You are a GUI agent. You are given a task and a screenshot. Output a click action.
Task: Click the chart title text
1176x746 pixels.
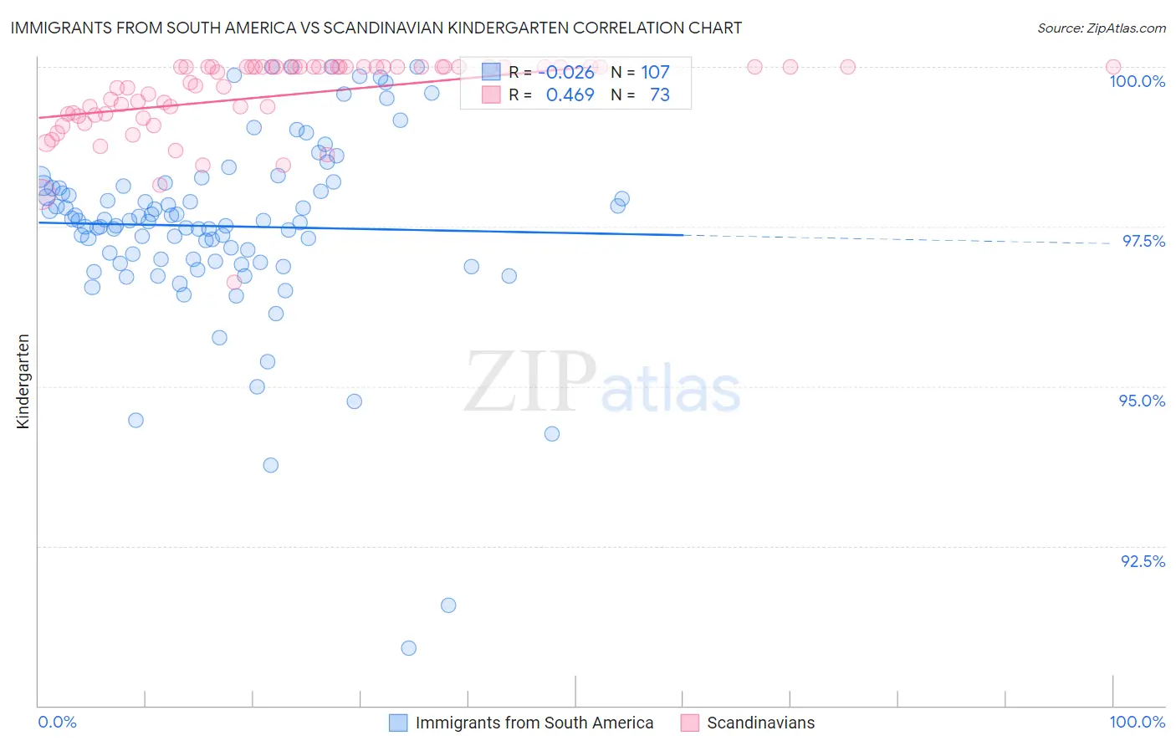point(376,28)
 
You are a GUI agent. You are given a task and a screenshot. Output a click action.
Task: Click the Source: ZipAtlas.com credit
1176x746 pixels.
point(1101,28)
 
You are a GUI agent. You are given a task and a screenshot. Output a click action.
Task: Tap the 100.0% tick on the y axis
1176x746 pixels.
point(1137,81)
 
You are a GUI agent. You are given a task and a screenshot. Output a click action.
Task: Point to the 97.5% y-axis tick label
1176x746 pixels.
point(1143,241)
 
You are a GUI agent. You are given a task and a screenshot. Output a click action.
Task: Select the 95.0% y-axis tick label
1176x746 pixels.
point(1142,401)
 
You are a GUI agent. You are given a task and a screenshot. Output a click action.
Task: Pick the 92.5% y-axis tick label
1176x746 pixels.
point(1143,561)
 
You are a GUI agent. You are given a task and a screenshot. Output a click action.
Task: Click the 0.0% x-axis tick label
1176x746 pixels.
point(57,722)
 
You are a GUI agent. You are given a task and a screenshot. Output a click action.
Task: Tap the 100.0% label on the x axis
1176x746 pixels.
point(1137,722)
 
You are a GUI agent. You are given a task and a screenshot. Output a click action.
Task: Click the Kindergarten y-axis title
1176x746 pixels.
point(23,381)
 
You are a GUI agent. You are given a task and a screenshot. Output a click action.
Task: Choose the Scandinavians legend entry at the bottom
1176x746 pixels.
point(760,723)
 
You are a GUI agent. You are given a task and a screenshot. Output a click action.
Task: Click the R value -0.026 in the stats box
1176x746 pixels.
point(569,72)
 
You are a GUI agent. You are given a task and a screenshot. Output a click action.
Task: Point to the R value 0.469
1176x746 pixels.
point(570,95)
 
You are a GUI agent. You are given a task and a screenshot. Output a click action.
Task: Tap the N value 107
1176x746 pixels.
point(655,72)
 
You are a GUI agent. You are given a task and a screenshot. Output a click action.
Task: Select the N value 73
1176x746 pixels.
point(659,95)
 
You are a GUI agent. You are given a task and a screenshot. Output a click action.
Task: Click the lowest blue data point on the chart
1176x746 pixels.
point(408,648)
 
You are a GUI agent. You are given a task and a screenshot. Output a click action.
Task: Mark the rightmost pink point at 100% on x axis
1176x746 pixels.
point(1112,67)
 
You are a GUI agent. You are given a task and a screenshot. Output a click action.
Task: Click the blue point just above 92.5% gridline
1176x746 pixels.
point(448,605)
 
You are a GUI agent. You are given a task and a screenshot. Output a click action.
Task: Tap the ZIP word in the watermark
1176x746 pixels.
point(529,381)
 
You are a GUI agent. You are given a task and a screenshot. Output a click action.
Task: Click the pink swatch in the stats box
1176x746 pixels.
point(491,95)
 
